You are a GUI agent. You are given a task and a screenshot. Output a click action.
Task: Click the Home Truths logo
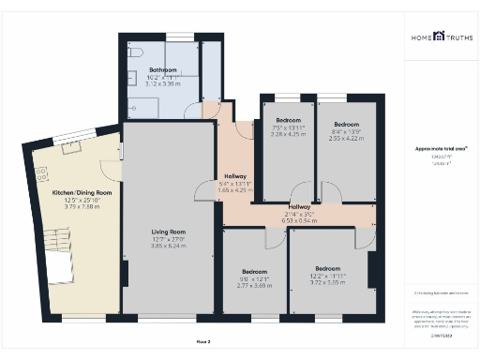(x=441, y=37)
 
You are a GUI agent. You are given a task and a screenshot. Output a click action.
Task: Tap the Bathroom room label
(x=143, y=69)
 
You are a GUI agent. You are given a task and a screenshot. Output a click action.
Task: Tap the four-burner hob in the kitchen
(x=42, y=173)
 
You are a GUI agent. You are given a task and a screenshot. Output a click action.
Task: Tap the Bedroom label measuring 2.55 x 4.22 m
(x=347, y=125)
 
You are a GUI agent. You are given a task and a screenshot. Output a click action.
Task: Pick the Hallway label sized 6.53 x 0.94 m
(x=300, y=206)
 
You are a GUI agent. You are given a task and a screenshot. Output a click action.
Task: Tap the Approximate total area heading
(x=441, y=149)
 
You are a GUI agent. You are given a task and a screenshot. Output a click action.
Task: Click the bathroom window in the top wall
(x=180, y=37)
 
